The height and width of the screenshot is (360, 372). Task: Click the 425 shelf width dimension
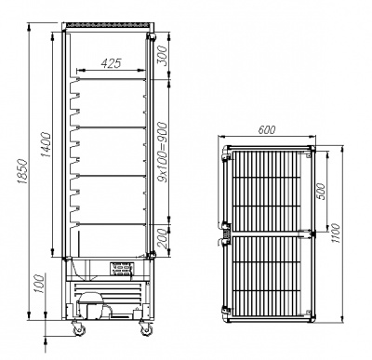coord(111,64)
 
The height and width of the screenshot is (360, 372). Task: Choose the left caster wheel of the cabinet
coord(79,328)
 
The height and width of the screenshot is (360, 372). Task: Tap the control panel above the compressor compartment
coord(122,270)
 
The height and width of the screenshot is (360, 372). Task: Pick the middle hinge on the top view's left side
coord(224,229)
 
